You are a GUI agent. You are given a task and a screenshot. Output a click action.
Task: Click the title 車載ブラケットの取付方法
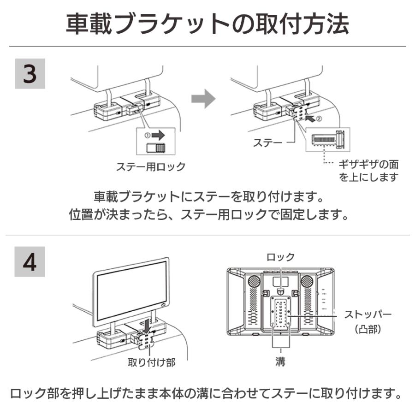coord(207,24)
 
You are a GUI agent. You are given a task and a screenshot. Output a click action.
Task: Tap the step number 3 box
coord(30,74)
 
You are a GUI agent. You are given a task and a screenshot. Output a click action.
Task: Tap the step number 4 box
coord(30,261)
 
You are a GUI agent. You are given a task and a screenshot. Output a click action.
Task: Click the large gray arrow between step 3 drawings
coord(203,99)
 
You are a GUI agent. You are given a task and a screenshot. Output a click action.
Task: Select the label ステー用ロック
coord(150,166)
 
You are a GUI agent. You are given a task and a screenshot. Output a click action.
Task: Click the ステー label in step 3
coord(267,143)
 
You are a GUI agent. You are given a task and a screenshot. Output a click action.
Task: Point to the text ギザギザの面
coord(369,164)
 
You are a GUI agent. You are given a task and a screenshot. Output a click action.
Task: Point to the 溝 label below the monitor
coord(281,362)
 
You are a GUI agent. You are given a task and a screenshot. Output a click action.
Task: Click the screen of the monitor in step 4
coord(131,290)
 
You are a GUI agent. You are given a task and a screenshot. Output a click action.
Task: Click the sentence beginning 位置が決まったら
coord(207,214)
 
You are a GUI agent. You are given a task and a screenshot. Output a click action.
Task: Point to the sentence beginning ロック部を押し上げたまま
coord(207,393)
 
